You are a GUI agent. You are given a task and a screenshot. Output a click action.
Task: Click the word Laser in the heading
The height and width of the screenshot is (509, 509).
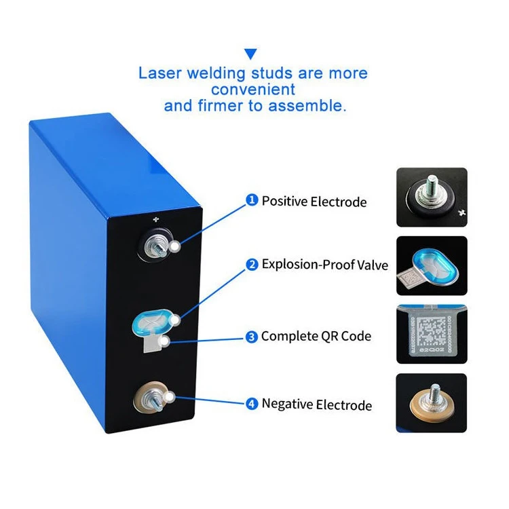(161, 73)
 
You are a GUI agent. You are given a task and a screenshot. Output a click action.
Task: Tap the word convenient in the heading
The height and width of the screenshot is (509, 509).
(253, 89)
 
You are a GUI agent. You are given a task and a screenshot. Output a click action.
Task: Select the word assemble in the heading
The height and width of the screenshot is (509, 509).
(310, 105)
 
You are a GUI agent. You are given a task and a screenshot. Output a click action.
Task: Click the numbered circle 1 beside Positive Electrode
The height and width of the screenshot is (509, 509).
(252, 200)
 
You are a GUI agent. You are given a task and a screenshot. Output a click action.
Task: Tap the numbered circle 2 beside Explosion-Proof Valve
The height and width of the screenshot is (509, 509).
(252, 264)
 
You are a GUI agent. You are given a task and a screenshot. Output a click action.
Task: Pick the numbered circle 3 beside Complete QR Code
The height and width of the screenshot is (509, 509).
(252, 336)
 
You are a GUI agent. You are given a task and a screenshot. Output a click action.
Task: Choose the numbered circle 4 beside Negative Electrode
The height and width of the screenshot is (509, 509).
(252, 404)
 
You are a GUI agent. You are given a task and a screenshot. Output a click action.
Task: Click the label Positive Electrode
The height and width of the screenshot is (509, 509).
(314, 201)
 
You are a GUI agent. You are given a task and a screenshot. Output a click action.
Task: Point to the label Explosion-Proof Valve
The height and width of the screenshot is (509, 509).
(325, 265)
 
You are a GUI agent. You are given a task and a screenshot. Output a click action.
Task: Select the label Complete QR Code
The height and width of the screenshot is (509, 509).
(316, 337)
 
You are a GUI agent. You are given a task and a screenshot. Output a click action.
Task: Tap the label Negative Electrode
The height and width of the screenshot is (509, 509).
(317, 404)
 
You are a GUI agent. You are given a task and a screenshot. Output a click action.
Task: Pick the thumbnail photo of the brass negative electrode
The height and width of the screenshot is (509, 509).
(432, 402)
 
